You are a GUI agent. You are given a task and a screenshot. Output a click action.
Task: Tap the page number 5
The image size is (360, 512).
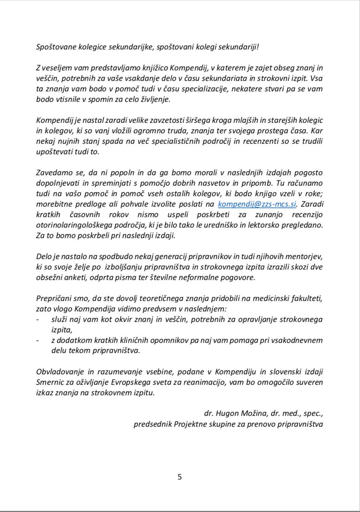click(x=180, y=477)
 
